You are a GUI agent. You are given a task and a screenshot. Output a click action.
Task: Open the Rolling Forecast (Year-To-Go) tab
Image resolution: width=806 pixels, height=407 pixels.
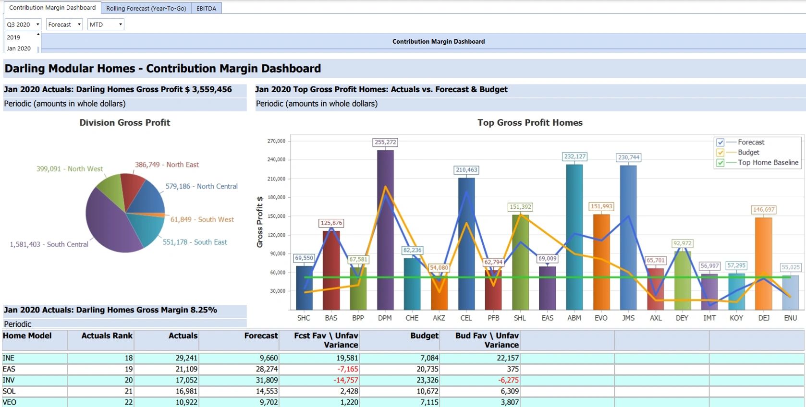[x=146, y=8]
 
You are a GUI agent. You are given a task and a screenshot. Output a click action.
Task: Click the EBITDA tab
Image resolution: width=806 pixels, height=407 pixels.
[x=206, y=8]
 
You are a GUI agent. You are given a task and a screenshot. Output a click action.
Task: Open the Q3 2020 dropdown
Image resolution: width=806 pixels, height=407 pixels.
[x=23, y=24]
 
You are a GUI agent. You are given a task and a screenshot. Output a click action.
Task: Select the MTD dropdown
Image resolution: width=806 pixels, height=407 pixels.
[x=106, y=24]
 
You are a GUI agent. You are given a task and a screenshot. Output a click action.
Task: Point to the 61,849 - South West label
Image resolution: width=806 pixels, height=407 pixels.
[x=202, y=219]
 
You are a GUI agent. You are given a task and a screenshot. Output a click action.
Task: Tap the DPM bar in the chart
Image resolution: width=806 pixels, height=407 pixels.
[x=385, y=230]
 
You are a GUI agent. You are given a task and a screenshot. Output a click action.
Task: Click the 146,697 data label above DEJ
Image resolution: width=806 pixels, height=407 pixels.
[x=764, y=210]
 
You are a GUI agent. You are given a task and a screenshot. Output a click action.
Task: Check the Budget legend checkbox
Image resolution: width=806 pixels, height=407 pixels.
[x=720, y=153]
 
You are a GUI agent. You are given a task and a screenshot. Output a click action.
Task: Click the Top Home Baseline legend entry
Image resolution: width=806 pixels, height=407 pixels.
[x=768, y=163]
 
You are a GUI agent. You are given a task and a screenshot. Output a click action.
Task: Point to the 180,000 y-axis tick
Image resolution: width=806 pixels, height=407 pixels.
[x=276, y=197]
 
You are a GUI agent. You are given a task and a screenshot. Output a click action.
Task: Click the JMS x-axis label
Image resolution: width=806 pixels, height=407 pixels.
[x=628, y=318]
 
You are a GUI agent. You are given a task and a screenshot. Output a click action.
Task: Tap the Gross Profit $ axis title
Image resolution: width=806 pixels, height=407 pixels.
[x=260, y=222]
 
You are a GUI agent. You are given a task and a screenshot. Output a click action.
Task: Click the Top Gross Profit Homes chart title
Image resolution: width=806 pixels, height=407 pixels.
[x=530, y=122]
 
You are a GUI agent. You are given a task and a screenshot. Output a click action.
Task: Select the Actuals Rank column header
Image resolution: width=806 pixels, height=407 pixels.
[x=107, y=335]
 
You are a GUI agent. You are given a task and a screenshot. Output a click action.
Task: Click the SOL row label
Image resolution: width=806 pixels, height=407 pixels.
[x=9, y=391]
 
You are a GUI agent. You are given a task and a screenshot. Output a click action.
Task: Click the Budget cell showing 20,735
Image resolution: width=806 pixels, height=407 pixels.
[x=427, y=369]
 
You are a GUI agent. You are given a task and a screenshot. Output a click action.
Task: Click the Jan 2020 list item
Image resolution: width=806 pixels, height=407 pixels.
[x=19, y=48]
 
